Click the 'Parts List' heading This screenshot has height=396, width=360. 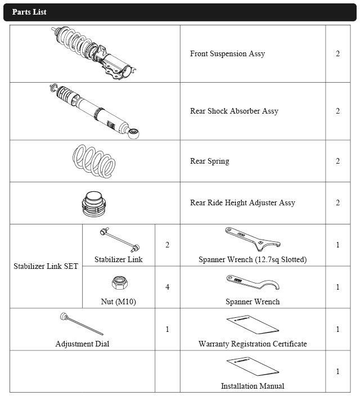point(29,12)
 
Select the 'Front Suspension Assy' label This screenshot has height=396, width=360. point(227,54)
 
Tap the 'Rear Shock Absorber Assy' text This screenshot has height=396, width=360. point(234,111)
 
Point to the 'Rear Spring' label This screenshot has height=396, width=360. point(209,161)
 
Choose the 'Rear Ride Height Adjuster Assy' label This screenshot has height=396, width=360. point(242,203)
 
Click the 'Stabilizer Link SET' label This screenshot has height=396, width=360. point(46,266)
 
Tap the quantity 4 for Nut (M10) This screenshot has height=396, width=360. point(167,287)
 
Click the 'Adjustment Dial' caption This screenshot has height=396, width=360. point(82,344)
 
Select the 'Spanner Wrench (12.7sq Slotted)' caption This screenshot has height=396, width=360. point(253,260)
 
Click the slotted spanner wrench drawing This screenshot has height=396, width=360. point(252,238)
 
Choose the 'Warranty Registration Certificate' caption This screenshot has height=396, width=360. point(253,344)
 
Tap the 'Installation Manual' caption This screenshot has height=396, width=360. point(253,386)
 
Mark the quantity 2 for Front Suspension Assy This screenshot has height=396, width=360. point(337,54)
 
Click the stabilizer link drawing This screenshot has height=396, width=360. point(119,239)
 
